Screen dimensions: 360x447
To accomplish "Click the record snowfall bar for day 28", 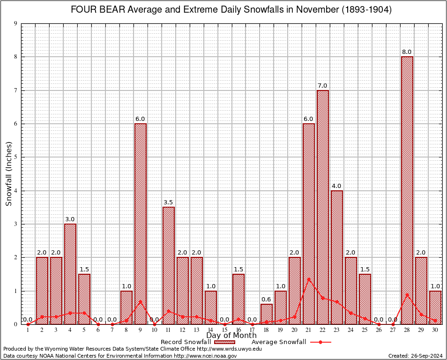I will click(x=407, y=190).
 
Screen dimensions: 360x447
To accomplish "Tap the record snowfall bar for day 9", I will click(x=141, y=224).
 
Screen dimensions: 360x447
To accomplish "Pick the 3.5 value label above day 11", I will click(x=169, y=202).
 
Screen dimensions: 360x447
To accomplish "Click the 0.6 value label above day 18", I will click(x=267, y=300).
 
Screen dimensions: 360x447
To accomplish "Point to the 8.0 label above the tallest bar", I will click(x=407, y=52).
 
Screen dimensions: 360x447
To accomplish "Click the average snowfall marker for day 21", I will click(x=309, y=279).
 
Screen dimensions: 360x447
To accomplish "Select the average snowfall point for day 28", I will click(x=407, y=294).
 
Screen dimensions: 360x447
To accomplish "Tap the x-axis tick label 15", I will click(x=224, y=330).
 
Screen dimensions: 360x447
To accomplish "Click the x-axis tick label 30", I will click(x=435, y=330).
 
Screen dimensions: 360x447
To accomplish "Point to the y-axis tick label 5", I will click(x=16, y=157).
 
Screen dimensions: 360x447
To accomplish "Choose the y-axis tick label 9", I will click(x=16, y=23).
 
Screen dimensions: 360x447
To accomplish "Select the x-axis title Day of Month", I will click(x=231, y=336).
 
